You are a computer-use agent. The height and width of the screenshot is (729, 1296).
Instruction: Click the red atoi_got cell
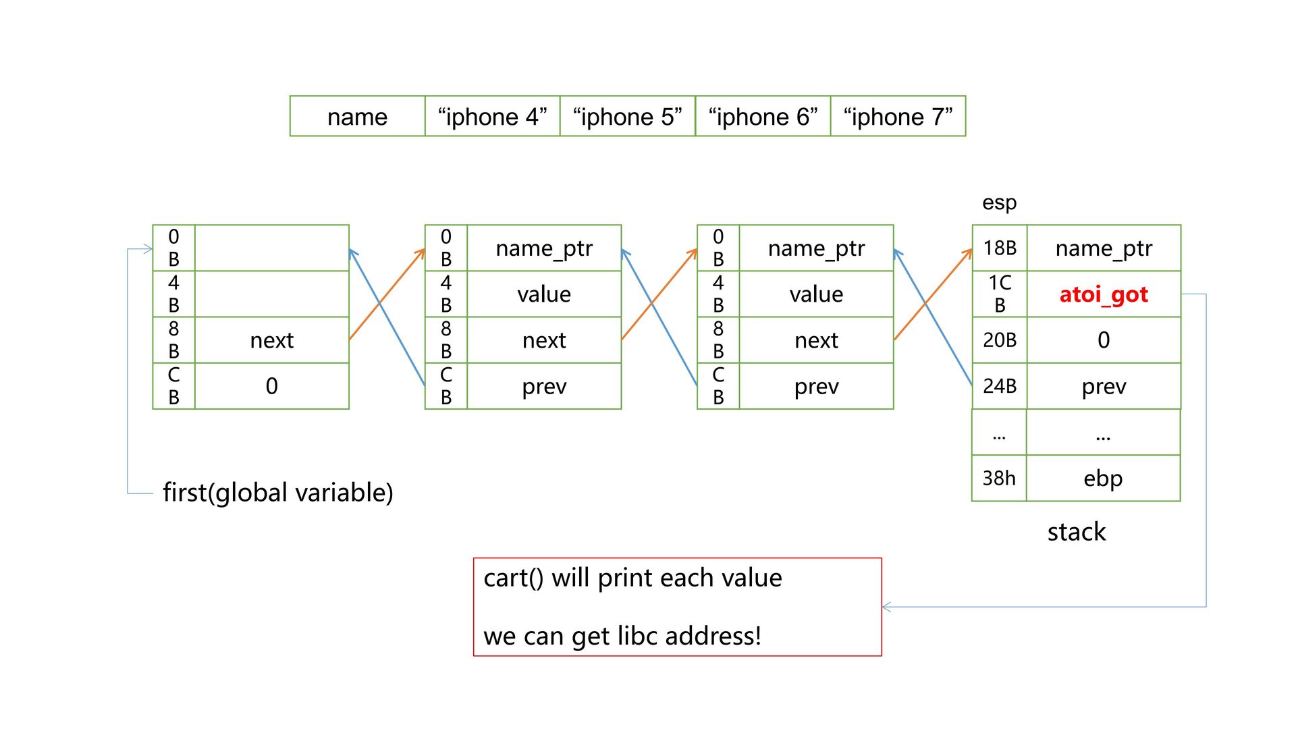(1103, 294)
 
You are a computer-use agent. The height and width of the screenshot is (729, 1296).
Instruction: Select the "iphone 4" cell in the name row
(492, 117)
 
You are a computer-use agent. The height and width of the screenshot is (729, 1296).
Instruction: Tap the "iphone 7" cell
(898, 117)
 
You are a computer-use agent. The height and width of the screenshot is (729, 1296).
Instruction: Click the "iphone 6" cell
(763, 117)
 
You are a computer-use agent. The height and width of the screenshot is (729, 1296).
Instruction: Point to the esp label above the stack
(999, 202)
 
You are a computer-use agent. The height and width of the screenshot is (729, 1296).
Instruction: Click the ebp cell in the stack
(1102, 478)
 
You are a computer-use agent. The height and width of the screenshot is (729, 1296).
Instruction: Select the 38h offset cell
(999, 478)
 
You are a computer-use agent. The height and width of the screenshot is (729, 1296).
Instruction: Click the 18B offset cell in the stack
(1000, 248)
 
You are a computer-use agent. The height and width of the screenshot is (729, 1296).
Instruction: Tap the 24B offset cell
(1000, 386)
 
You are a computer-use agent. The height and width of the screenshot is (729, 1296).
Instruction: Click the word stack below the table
(1076, 532)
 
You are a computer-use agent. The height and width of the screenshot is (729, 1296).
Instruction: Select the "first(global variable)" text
(277, 493)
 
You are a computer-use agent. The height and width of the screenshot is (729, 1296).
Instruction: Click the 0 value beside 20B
(1103, 340)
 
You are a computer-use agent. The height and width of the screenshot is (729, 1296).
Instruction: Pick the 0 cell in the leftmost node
(271, 386)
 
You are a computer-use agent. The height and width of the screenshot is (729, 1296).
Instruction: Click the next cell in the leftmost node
(271, 340)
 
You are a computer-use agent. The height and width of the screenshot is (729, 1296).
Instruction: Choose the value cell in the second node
(543, 294)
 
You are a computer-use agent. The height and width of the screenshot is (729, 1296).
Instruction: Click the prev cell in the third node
(816, 386)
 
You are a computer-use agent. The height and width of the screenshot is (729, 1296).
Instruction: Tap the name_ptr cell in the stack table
(1103, 248)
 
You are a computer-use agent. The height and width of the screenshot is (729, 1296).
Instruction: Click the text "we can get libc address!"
(622, 636)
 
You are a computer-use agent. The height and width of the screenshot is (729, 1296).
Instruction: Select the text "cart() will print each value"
(632, 578)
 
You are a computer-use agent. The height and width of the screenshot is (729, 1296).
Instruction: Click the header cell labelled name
(357, 117)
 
